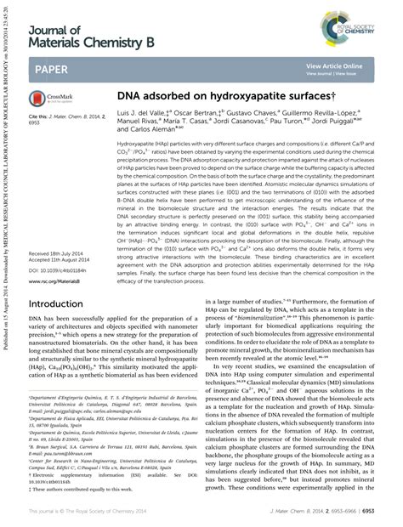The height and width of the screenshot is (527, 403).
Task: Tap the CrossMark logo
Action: coord(45,101)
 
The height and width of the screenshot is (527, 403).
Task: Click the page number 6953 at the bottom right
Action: coord(385,511)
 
